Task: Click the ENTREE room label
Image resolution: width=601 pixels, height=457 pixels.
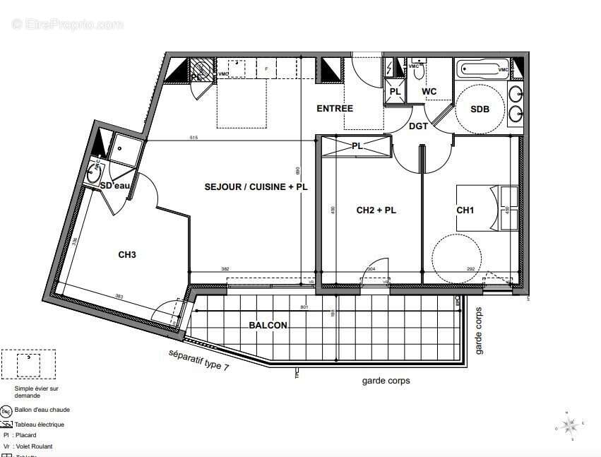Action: pos(335,108)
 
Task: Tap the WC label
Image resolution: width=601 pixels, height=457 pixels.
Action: pos(429,92)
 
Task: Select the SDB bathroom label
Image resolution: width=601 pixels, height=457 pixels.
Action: pos(480,109)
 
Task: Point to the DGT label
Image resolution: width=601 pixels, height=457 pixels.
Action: pos(419,126)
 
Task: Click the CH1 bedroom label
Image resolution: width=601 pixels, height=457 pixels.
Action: pos(465,210)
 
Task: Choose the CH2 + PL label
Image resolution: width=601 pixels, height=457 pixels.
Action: pos(376,210)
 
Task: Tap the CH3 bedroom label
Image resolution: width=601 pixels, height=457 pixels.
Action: pos(127,254)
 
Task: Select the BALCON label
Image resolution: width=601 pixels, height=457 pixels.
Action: pos(268,325)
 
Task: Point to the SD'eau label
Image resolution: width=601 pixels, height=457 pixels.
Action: pos(115,186)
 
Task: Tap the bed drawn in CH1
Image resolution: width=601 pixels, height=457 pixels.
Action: pos(487,207)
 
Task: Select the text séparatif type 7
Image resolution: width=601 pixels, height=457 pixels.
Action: pos(198,360)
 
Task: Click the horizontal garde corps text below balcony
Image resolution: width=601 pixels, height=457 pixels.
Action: pos(386,381)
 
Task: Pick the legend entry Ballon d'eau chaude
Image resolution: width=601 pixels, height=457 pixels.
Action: pos(43,410)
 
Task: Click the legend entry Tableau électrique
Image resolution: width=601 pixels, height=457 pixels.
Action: pos(43,425)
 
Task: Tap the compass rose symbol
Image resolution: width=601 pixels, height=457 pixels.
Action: pos(571,425)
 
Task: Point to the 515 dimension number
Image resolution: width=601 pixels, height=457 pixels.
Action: pos(193,137)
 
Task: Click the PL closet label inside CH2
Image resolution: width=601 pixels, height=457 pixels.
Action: pos(357,146)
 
